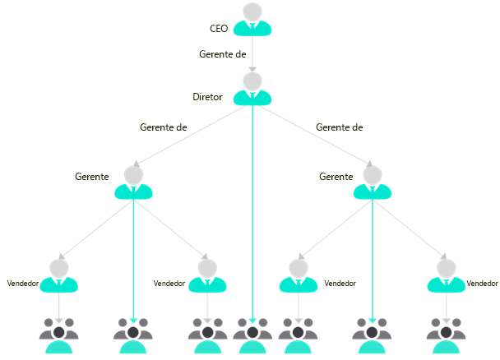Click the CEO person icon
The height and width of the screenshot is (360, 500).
pos(252,20)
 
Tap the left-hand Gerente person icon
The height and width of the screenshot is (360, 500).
pos(133,182)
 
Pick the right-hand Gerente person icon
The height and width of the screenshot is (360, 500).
pos(373,182)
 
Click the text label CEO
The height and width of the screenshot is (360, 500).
pos(220,29)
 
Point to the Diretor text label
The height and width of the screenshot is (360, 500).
pos(208,97)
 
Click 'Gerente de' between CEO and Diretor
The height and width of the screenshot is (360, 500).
pos(223,54)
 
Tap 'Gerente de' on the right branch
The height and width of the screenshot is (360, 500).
pos(339,127)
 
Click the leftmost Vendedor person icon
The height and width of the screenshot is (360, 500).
pos(59,275)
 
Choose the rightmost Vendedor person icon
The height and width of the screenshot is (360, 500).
pos(447,275)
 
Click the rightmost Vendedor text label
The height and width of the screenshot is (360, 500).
pos(482,283)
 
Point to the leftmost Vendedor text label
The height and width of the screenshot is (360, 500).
pos(23,283)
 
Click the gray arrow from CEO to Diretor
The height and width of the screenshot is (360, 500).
pos(252,56)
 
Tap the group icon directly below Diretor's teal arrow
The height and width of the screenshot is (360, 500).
pos(252,335)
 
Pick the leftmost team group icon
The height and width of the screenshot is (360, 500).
pos(59,335)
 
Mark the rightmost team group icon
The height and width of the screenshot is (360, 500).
pos(447,335)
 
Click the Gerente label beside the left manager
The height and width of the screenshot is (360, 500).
pos(92,177)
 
